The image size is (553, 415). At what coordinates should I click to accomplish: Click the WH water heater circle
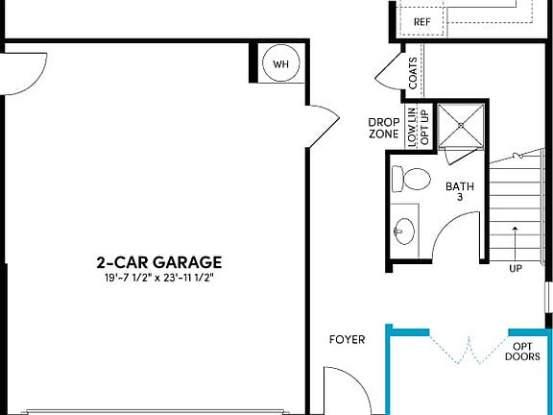[x=281, y=63]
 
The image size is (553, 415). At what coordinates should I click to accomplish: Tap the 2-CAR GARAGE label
[x=159, y=261]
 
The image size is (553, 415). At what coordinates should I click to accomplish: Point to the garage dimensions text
[x=159, y=278]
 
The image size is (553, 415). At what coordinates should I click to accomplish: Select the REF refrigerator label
[x=421, y=21]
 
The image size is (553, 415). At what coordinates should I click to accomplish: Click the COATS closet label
[x=413, y=74]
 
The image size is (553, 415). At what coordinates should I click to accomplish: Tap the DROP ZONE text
[x=383, y=128]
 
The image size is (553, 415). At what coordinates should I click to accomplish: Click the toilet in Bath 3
[x=414, y=179]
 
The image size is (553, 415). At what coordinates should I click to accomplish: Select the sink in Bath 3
[x=404, y=230]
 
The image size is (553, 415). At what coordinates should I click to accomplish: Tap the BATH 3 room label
[x=454, y=191]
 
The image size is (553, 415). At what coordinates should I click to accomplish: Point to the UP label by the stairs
[x=516, y=268]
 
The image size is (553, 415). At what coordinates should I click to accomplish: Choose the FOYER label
[x=347, y=339]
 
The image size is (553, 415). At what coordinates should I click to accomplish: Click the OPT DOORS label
[x=522, y=351]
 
